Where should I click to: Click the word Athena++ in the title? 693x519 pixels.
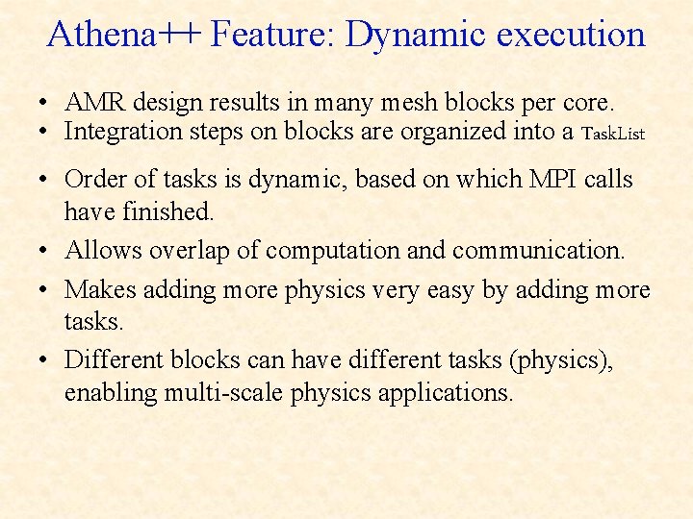click(124, 35)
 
